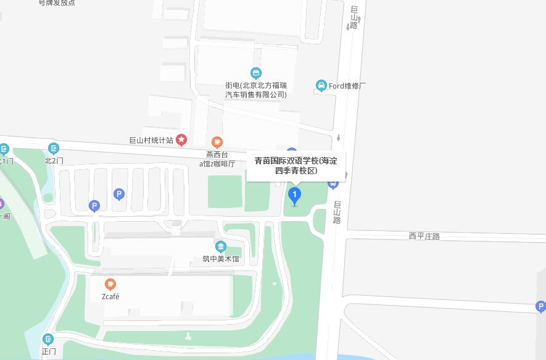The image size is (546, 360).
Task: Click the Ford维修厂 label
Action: click(x=347, y=86)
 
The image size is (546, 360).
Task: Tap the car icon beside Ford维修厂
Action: click(x=321, y=85)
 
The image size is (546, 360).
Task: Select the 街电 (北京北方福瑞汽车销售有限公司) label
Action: click(x=256, y=90)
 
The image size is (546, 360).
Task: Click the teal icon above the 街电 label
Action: click(x=256, y=73)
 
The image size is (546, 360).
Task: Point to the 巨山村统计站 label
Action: click(x=151, y=141)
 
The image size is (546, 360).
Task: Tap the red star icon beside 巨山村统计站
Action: click(x=181, y=140)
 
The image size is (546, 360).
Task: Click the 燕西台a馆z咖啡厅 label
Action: click(x=217, y=159)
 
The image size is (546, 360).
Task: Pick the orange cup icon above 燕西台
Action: click(x=217, y=143)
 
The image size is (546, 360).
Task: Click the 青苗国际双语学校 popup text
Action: click(x=296, y=165)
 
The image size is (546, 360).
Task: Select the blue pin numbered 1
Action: click(x=295, y=196)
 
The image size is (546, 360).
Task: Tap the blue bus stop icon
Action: click(x=333, y=183)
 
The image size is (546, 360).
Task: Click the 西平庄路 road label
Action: click(x=424, y=236)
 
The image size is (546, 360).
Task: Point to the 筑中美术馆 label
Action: click(x=221, y=259)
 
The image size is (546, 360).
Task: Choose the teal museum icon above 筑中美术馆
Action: click(x=221, y=247)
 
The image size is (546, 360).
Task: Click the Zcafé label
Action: click(x=110, y=296)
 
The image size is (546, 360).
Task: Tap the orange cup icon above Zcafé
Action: click(x=110, y=284)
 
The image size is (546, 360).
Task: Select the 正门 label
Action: click(x=49, y=351)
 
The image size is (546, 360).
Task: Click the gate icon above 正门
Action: click(x=48, y=339)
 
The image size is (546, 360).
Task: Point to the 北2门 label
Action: click(x=54, y=161)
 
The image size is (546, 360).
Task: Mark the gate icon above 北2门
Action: click(x=54, y=148)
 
